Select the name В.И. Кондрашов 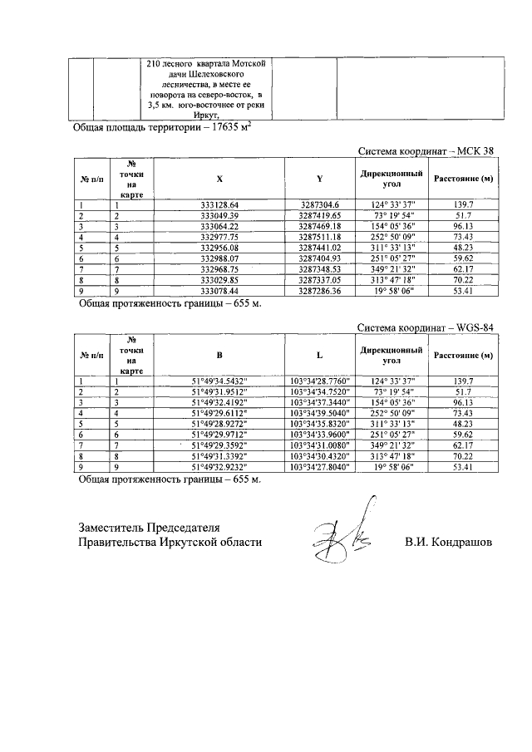447,542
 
